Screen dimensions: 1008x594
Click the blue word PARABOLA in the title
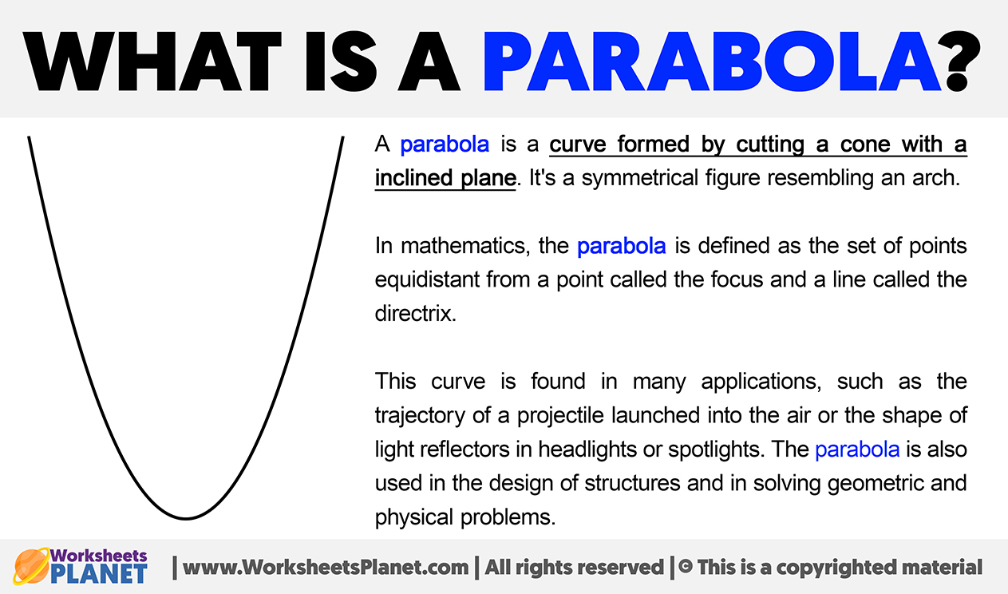pyautogui.click(x=712, y=61)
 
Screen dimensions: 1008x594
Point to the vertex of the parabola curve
pyautogui.click(x=186, y=518)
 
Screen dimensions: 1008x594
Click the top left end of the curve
pyautogui.click(x=29, y=137)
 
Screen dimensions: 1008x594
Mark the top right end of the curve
pyautogui.click(x=343, y=137)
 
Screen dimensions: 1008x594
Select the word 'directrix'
pyautogui.click(x=415, y=313)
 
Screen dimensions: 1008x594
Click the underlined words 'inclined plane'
pyautogui.click(x=445, y=178)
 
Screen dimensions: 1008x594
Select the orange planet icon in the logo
pyautogui.click(x=31, y=566)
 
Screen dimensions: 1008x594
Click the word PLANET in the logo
pyautogui.click(x=99, y=574)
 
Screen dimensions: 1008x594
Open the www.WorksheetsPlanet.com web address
pyautogui.click(x=326, y=568)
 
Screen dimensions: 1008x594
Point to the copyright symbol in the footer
pyautogui.click(x=685, y=567)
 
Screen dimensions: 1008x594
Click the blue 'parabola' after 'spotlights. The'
pyautogui.click(x=857, y=449)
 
